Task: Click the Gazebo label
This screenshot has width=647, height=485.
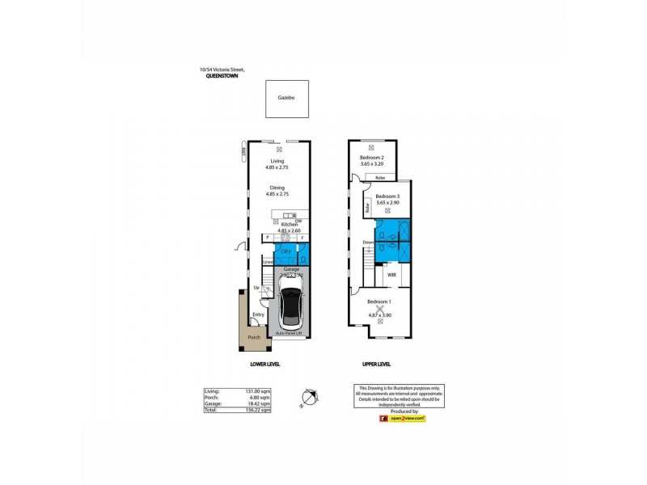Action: coord(285,96)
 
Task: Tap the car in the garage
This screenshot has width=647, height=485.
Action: coord(288,307)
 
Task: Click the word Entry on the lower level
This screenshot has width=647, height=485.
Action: coord(258,314)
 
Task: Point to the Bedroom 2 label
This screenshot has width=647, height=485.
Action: coord(371,158)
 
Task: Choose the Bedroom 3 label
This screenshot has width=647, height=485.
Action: coord(387,196)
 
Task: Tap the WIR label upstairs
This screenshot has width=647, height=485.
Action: coord(391,276)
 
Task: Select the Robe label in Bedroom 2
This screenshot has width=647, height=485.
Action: coord(379,176)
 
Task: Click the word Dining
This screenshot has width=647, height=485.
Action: coord(277,188)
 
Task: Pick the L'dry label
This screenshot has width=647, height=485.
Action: coord(285,251)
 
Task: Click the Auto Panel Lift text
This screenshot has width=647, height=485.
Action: coord(288,332)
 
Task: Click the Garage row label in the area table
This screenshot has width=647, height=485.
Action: coord(213,403)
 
